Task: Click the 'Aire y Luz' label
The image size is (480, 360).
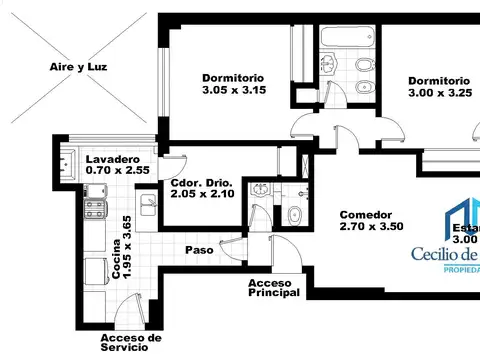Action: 78,67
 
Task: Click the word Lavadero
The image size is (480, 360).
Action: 112,160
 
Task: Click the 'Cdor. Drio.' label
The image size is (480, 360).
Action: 201,183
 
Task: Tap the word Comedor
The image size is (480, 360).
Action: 365,215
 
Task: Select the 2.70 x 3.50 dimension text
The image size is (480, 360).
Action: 370,228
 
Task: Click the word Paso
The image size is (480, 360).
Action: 199,250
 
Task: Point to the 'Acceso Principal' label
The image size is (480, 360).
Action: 274,288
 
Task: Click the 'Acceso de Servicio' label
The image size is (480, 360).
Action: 131,344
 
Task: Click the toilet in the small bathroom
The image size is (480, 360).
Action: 294,216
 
